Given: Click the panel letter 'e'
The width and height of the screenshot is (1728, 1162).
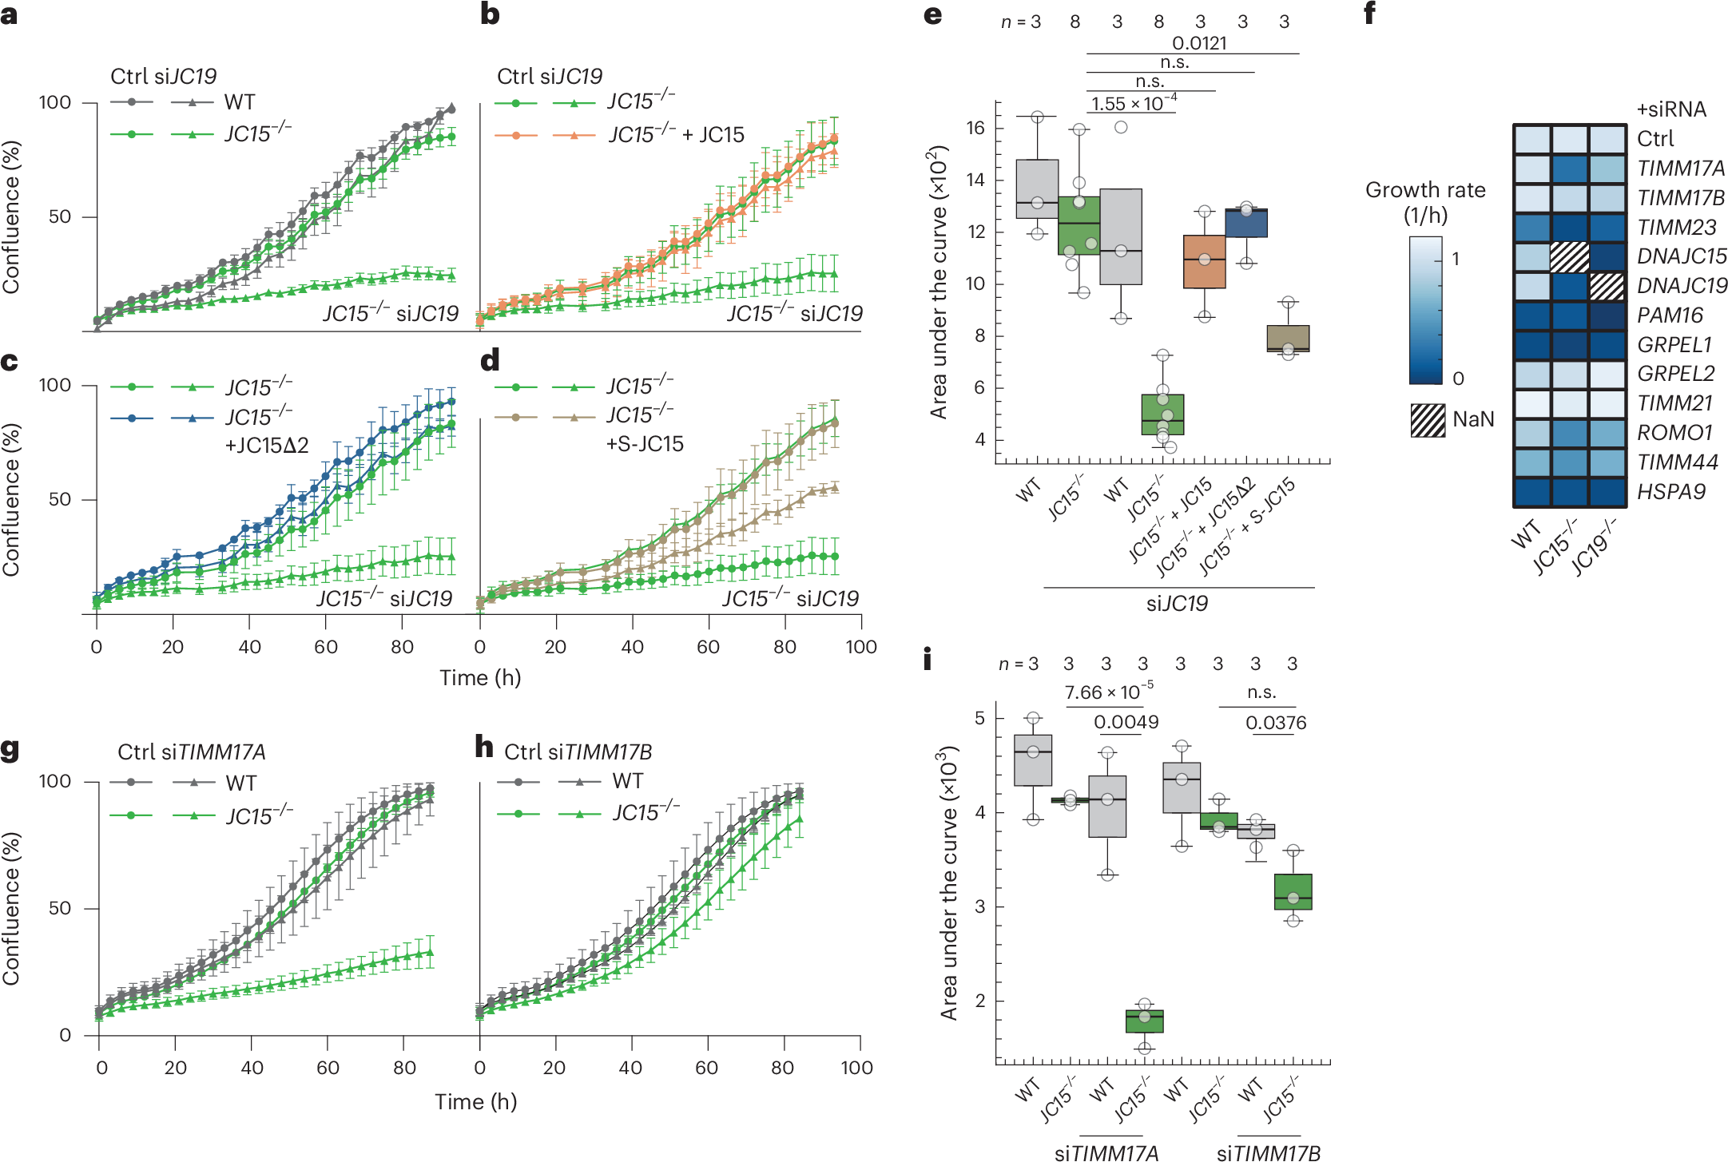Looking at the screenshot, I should (932, 16).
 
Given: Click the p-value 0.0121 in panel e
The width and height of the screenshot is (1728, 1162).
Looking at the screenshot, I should (1198, 43).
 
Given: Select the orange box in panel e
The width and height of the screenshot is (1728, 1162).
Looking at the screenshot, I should (1204, 261).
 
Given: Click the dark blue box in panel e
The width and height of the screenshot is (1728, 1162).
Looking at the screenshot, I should (1245, 223).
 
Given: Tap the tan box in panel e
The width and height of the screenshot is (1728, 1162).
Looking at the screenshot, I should (1288, 338).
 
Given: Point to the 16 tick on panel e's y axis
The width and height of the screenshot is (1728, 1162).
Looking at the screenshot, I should (975, 128).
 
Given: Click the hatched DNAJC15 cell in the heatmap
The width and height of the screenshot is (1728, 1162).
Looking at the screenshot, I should (1569, 257).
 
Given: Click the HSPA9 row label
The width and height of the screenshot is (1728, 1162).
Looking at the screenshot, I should (1670, 492).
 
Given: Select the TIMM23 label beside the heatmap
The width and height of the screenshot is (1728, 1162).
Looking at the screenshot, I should (1676, 228).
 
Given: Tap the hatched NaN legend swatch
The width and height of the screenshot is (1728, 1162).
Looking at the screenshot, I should (1428, 420).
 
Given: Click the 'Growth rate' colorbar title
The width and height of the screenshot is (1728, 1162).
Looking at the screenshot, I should (1425, 190).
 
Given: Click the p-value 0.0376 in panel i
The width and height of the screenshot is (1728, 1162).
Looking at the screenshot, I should (1276, 723).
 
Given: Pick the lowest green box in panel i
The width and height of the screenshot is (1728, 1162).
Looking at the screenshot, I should (1144, 1021).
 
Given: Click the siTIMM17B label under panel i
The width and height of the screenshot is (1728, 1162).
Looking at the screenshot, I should (1269, 1152).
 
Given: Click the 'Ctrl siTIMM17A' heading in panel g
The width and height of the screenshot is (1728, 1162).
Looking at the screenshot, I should (191, 752).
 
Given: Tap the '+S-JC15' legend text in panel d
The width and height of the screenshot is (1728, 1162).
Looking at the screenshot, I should (645, 444).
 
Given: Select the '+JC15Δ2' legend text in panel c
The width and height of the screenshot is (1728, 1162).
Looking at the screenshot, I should (267, 446).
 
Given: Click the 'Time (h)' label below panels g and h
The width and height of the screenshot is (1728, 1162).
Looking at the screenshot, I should (475, 1102).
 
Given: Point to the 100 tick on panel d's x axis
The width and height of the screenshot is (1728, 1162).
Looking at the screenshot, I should (860, 647).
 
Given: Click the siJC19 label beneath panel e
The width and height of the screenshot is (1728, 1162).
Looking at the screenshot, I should (1177, 604).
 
